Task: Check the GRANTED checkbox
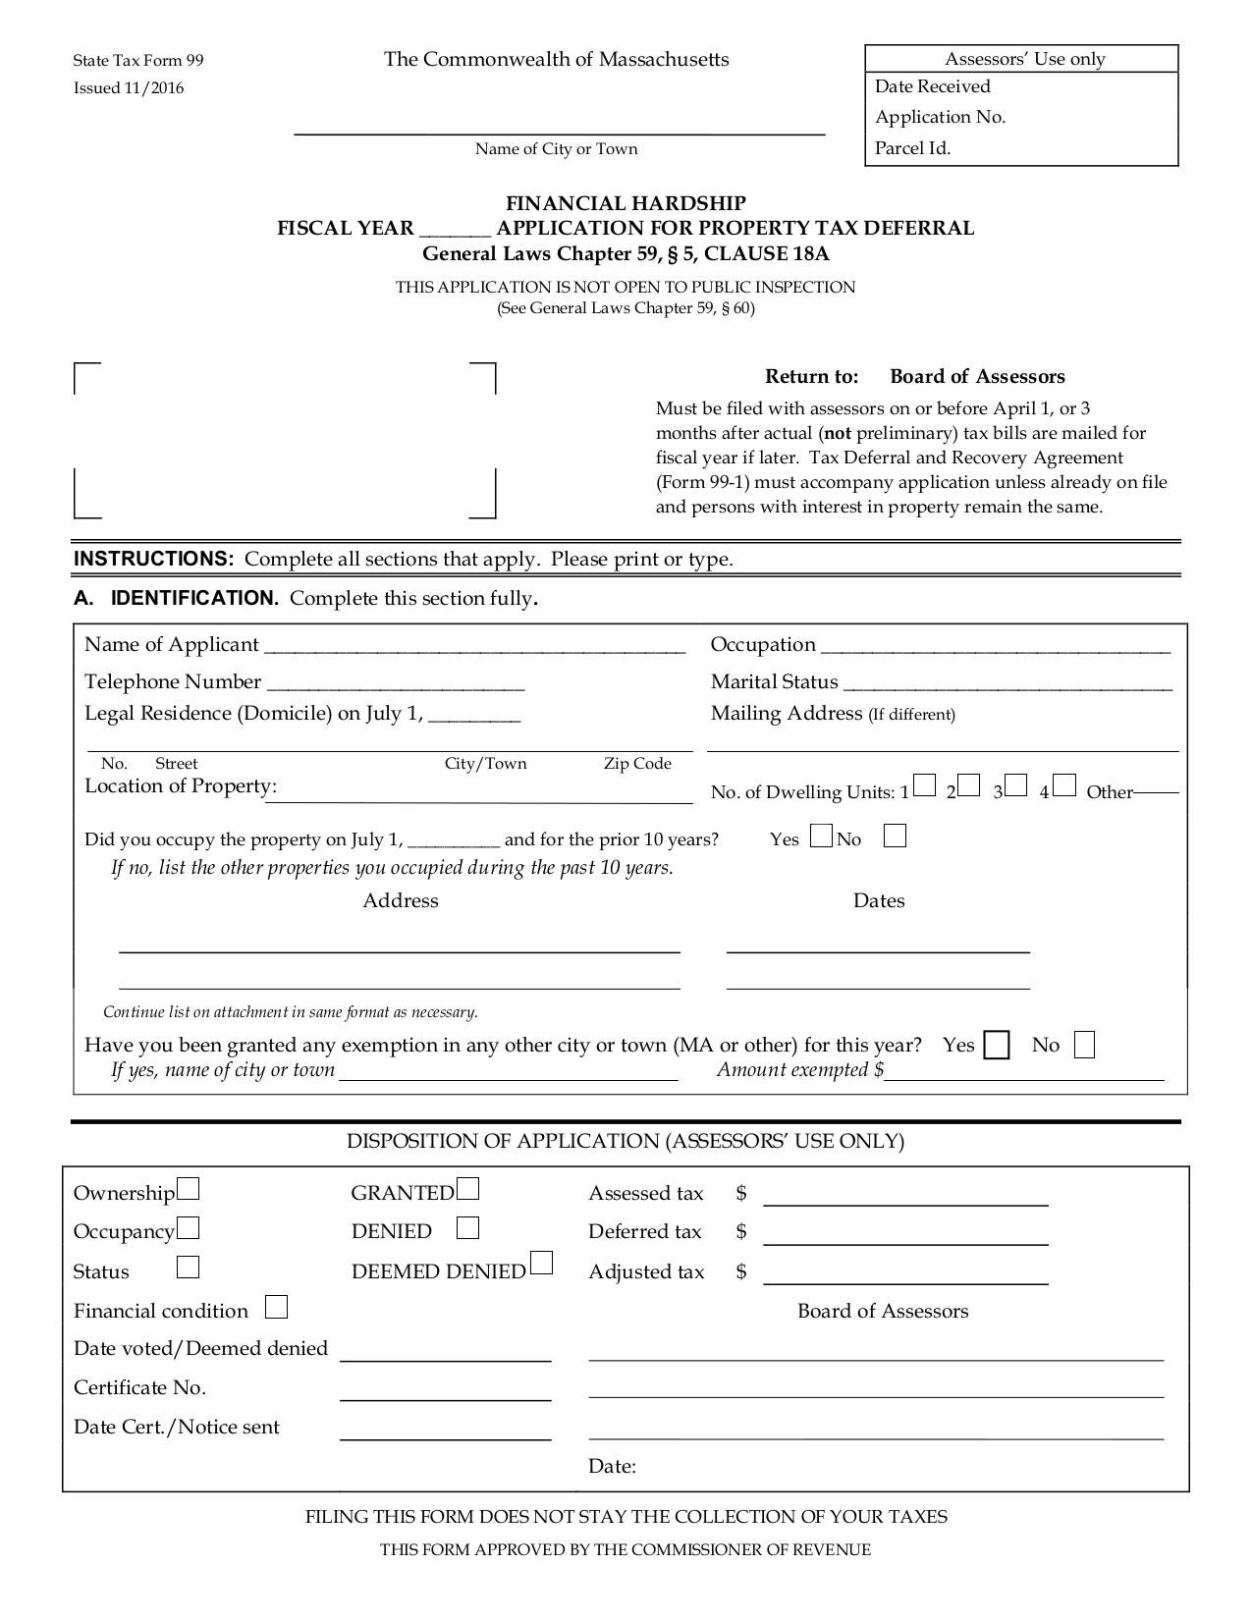(x=468, y=1190)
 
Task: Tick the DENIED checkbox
(x=468, y=1228)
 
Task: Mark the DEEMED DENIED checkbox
(x=541, y=1263)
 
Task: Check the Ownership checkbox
(x=189, y=1190)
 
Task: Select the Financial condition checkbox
(x=277, y=1308)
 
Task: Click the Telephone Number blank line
(x=395, y=687)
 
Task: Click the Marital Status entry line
(x=1007, y=687)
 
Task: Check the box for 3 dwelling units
(x=1016, y=786)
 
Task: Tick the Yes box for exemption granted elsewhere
(x=997, y=1046)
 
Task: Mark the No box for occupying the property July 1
(x=895, y=837)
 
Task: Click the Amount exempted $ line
(x=1024, y=1076)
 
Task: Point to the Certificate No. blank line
(x=445, y=1396)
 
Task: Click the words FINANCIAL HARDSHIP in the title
(x=626, y=203)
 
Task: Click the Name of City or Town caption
(x=556, y=149)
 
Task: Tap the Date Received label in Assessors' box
(x=932, y=86)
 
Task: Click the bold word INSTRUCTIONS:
(x=154, y=559)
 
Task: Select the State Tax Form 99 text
(x=138, y=61)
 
